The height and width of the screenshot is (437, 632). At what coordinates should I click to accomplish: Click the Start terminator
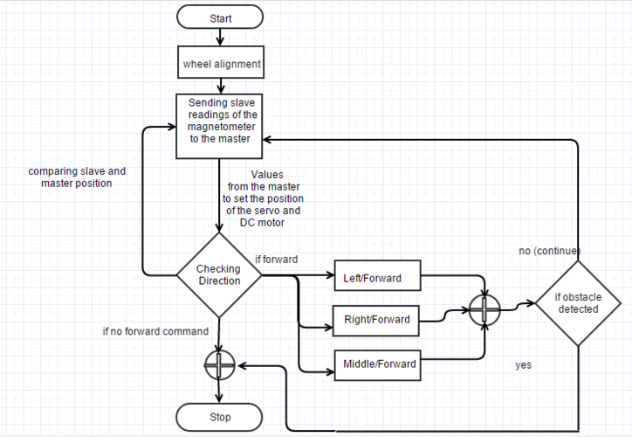click(x=220, y=17)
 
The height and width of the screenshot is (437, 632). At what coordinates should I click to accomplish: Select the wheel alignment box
click(x=221, y=62)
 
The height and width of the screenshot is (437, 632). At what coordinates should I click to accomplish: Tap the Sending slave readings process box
click(x=219, y=127)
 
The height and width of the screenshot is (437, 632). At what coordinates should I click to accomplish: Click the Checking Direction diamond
click(x=219, y=275)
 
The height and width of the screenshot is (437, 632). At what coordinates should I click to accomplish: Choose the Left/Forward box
click(x=378, y=275)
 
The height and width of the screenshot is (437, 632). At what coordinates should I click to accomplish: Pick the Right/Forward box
click(x=376, y=321)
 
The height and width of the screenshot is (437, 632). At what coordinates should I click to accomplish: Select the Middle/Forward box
click(x=378, y=365)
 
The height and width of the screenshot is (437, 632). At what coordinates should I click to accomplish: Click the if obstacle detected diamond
click(x=578, y=303)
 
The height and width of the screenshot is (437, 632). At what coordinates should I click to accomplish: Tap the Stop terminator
click(x=219, y=417)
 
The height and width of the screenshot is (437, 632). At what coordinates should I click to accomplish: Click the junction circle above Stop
click(x=219, y=365)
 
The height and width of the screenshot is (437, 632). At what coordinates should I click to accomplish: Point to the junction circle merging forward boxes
click(x=484, y=309)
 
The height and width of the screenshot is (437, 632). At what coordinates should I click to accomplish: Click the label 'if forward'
click(x=277, y=260)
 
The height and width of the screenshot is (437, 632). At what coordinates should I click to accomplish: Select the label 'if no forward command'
click(x=155, y=331)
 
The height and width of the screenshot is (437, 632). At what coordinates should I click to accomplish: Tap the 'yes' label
click(x=523, y=365)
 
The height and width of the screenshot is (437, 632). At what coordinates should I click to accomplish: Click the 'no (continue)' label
click(x=550, y=251)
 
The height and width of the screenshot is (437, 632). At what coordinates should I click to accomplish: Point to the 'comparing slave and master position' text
click(x=77, y=177)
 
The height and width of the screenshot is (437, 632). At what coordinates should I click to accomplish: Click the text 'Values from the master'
click(x=264, y=180)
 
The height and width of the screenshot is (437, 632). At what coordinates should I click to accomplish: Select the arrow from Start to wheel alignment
click(x=220, y=37)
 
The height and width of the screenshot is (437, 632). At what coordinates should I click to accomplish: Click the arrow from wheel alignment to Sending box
click(x=221, y=87)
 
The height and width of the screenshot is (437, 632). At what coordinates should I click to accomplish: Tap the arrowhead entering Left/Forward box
click(x=332, y=275)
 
